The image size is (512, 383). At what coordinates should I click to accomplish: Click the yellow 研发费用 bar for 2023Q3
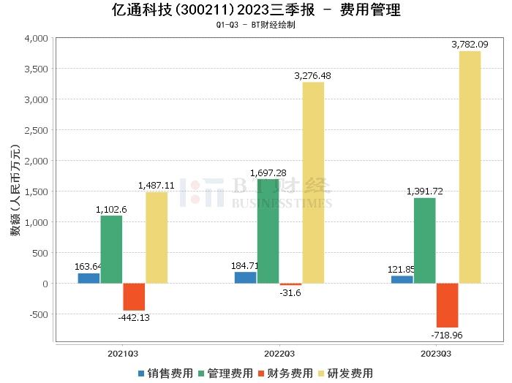tap(470, 167)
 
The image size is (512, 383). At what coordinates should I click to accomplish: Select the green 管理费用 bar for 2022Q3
tap(268, 231)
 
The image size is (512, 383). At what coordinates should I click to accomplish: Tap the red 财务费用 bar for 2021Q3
tap(134, 297)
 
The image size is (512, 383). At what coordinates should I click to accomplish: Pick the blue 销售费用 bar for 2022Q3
tap(245, 278)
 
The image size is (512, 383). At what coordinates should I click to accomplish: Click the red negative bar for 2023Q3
tap(448, 306)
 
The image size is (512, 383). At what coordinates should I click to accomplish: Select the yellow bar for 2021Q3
tap(157, 238)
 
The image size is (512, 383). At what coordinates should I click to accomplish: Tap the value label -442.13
tap(136, 317)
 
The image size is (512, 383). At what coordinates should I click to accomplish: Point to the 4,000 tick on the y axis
tap(36, 38)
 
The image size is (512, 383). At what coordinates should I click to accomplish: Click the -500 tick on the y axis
tap(37, 314)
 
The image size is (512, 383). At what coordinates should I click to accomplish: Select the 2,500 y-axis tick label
tap(36, 130)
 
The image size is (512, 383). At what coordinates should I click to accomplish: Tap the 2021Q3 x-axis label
tap(123, 352)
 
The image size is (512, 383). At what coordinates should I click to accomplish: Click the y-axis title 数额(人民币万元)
tap(15, 191)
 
